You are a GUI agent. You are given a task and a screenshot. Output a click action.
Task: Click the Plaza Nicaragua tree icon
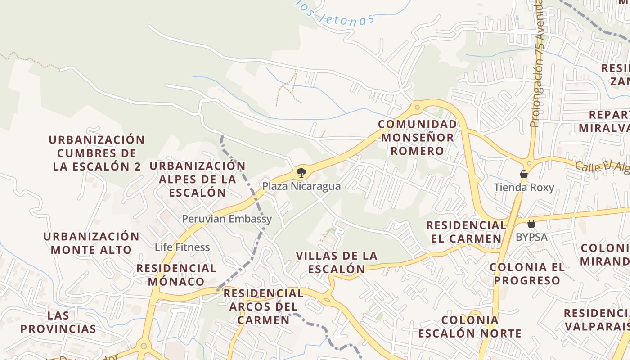301,172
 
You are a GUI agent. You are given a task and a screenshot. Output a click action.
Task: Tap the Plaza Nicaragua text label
301,186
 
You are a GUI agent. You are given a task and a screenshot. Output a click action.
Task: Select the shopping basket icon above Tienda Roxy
524,174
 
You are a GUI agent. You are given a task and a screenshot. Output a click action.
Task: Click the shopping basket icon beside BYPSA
531,224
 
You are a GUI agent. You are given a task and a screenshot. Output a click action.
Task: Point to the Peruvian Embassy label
227,219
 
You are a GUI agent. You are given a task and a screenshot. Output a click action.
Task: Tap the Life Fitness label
182,247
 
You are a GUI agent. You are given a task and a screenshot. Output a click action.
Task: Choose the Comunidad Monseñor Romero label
417,138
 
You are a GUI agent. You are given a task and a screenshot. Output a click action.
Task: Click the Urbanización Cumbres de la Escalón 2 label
97,153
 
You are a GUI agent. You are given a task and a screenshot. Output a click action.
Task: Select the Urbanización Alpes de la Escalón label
197,179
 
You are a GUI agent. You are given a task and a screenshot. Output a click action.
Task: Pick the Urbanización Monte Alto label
91,243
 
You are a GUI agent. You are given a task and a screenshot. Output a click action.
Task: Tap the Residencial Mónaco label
176,275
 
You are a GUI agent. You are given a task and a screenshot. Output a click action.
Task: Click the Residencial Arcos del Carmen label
264,306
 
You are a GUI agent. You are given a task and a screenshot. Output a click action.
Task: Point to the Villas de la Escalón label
337,262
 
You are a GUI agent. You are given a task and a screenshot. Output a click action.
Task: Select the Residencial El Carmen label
466,232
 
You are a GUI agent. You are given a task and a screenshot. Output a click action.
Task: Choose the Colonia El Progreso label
527,274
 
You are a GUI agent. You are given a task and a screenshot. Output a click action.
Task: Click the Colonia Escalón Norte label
470,327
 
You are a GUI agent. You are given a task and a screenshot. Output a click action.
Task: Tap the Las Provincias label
58,322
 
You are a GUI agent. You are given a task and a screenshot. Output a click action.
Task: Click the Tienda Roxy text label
524,188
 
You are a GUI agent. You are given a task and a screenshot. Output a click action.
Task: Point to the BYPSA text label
531,237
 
